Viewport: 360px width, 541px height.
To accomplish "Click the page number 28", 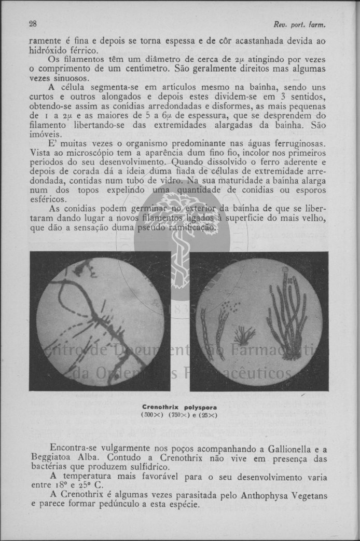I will [x=33, y=24].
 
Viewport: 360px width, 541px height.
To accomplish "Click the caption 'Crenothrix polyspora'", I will [x=179, y=408].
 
